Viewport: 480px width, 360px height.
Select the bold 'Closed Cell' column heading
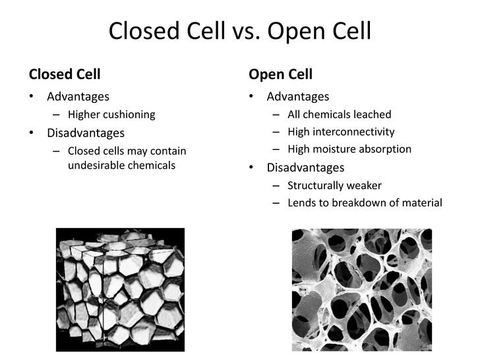pyautogui.click(x=64, y=74)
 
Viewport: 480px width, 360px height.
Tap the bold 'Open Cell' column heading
pyautogui.click(x=280, y=74)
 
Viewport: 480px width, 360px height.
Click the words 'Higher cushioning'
pyautogui.click(x=111, y=114)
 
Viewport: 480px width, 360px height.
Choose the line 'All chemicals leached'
pyautogui.click(x=340, y=114)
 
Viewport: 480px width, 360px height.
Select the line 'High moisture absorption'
pyautogui.click(x=349, y=149)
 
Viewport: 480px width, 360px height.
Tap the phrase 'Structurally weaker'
pyautogui.click(x=334, y=185)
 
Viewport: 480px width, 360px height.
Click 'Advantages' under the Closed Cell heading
pyautogui.click(x=78, y=96)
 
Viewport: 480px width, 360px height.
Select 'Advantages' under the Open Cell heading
pyautogui.click(x=297, y=96)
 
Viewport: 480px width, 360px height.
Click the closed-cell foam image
pyautogui.click(x=120, y=289)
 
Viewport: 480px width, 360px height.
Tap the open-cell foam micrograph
pyautogui.click(x=361, y=289)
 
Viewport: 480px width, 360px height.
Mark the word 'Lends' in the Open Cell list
pyautogui.click(x=302, y=202)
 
